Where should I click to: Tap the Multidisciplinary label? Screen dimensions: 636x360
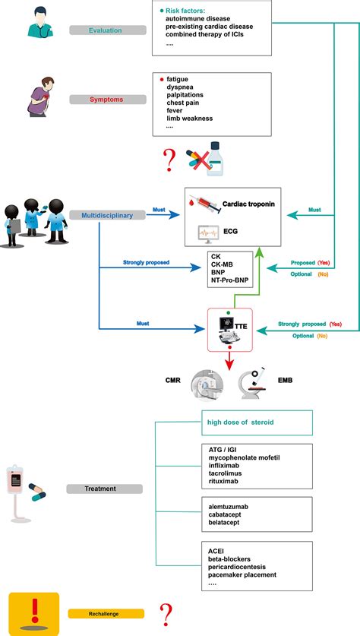[106, 216]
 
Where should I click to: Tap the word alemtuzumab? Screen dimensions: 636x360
[231, 505]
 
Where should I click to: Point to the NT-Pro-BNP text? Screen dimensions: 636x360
[233, 280]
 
